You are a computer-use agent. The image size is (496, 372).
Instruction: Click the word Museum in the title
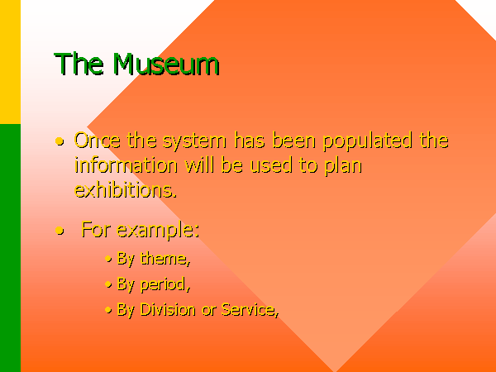pyautogui.click(x=166, y=64)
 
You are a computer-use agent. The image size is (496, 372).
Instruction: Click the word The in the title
pyautogui.click(x=79, y=64)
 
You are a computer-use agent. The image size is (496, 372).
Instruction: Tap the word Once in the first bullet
pyautogui.click(x=97, y=141)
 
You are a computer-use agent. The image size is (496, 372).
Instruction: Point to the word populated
pyautogui.click(x=368, y=141)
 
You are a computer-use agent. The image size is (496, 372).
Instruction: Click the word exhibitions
pyautogui.click(x=126, y=190)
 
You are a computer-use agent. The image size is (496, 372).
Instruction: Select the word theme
pyautogui.click(x=165, y=258)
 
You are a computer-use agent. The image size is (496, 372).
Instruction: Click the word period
pyautogui.click(x=165, y=284)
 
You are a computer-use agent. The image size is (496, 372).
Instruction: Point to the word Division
pyautogui.click(x=168, y=309)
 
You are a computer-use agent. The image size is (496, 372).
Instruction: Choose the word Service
pyautogui.click(x=250, y=309)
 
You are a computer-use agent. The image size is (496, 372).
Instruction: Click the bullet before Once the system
pyautogui.click(x=60, y=141)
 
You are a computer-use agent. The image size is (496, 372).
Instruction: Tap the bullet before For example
pyautogui.click(x=60, y=231)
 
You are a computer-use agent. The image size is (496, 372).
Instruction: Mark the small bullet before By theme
pyautogui.click(x=108, y=259)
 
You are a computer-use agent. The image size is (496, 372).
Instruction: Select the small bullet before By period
pyautogui.click(x=108, y=284)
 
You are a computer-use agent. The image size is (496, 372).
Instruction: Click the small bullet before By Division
pyautogui.click(x=108, y=310)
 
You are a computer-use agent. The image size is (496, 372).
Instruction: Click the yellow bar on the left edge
pyautogui.click(x=10, y=62)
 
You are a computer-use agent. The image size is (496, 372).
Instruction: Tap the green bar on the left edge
pyautogui.click(x=10, y=248)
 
